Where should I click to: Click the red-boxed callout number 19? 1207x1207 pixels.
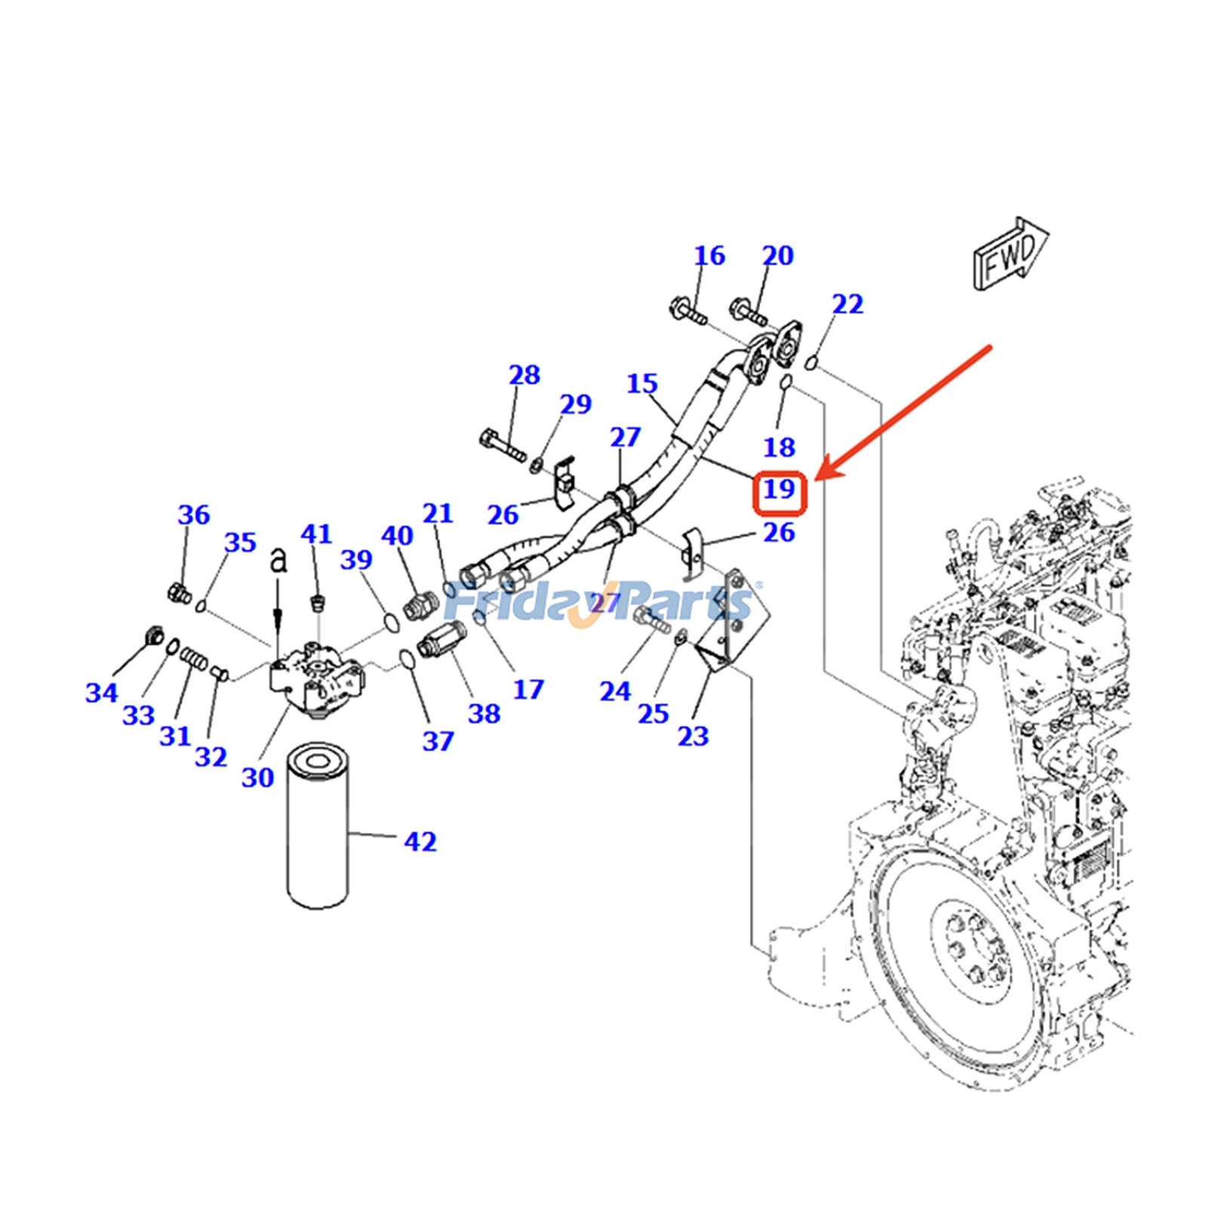[780, 490]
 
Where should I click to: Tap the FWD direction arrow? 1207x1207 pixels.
[1010, 255]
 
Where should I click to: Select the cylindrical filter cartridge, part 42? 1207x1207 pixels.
[318, 826]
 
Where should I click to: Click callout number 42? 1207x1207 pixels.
[420, 841]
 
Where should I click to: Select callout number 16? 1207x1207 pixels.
[709, 256]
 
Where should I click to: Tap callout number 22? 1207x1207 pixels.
[847, 304]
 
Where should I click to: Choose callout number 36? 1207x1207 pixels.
[193, 515]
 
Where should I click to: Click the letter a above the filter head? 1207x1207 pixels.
[278, 560]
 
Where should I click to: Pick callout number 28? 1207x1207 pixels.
[524, 375]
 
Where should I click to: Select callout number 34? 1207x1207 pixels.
[101, 693]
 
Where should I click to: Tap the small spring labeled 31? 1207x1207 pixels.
[194, 660]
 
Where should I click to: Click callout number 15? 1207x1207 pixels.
[642, 384]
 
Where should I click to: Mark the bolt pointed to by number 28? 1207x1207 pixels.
[501, 445]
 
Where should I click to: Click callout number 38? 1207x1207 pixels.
[484, 713]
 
